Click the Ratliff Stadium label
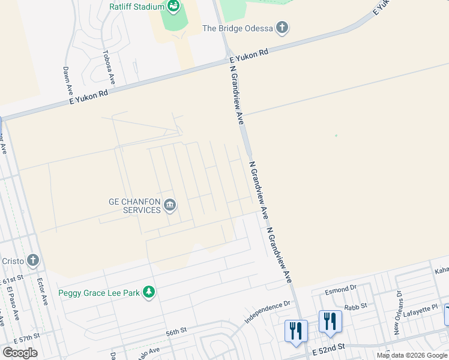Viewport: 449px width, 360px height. point(137,7)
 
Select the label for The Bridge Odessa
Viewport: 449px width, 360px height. point(237,28)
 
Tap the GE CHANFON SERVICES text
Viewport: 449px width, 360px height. point(134,206)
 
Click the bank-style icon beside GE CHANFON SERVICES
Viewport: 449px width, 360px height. point(170,206)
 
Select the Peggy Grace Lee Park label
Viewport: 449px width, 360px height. point(98,293)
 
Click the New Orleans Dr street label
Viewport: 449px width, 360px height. point(397,313)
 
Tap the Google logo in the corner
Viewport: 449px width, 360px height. point(20,352)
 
